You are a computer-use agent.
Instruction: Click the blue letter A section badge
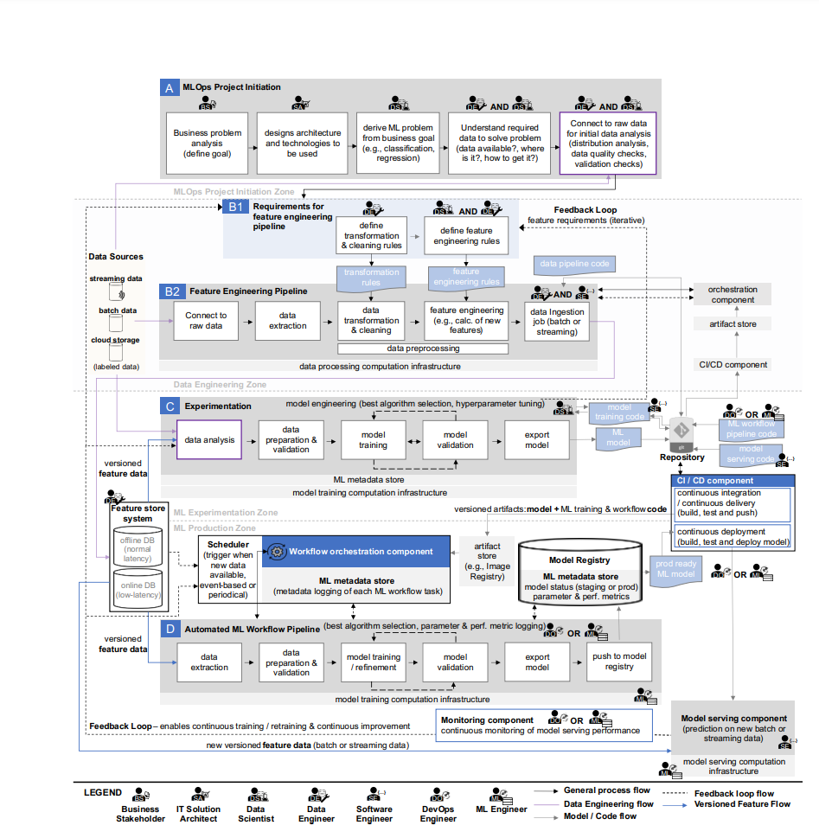[169, 87]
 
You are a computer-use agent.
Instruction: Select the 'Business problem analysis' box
[207, 143]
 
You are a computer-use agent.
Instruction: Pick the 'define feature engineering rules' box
[466, 235]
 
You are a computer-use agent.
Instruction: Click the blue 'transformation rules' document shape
[371, 277]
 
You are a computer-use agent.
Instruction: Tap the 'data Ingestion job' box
[557, 321]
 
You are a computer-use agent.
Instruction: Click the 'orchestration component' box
[732, 294]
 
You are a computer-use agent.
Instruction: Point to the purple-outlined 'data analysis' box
[209, 439]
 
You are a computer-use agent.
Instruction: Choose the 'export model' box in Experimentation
[537, 439]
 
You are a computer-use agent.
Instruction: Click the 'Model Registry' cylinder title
[579, 560]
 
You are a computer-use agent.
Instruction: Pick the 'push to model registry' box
[619, 662]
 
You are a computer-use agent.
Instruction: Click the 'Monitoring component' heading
[486, 720]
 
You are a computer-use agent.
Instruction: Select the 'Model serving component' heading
[733, 718]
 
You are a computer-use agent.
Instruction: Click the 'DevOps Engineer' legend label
[438, 814]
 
